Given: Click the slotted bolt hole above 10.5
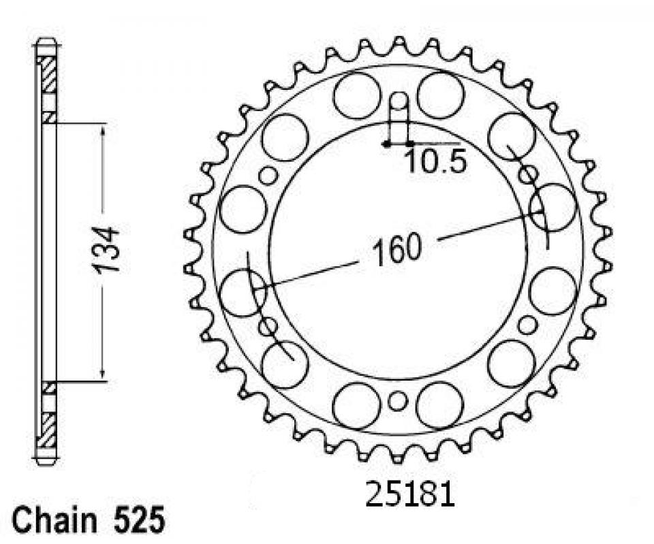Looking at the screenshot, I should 398,112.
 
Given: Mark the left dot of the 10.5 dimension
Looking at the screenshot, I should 386,144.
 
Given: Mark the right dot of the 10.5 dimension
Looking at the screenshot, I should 409,144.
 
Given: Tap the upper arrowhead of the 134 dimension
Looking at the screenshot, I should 103,129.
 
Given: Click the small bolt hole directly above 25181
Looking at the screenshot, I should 397,401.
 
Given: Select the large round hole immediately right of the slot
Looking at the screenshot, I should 440,95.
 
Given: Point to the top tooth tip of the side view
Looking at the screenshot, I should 46,43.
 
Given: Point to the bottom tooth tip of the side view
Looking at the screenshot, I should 46,461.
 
